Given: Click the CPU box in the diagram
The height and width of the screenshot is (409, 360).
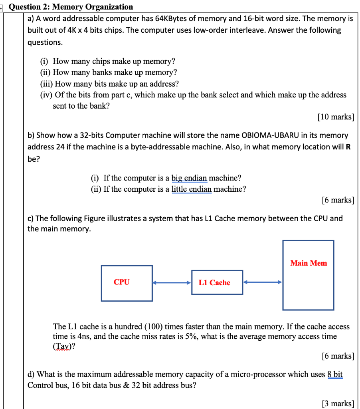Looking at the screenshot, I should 127,283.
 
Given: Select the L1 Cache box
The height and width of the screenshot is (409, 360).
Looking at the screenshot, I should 217,282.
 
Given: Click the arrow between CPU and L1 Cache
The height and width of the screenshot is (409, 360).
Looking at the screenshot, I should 172,283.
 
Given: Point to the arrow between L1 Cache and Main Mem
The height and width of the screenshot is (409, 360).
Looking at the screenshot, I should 263,282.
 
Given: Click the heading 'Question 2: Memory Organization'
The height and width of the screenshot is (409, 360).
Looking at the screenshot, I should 71,6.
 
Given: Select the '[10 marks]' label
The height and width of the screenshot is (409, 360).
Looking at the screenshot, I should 335,117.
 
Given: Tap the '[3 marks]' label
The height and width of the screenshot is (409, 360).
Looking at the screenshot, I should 337,403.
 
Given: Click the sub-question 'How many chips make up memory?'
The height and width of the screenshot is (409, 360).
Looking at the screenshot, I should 114,61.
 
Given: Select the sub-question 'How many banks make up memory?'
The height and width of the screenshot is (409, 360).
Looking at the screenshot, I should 115,72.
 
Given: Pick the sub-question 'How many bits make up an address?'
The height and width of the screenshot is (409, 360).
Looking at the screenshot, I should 117,83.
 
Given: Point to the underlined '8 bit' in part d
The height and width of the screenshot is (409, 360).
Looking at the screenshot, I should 335,374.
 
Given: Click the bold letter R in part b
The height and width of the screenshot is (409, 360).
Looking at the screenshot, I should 348,147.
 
